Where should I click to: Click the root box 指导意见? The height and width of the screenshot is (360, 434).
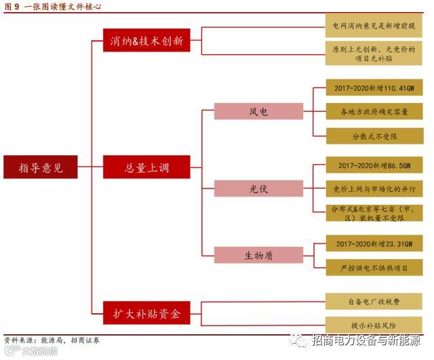(40, 167)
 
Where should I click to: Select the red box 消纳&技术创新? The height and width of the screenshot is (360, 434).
(146, 41)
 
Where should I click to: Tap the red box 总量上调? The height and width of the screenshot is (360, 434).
(146, 167)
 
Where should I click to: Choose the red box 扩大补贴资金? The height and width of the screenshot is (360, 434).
(146, 313)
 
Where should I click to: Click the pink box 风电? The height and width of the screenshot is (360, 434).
(258, 111)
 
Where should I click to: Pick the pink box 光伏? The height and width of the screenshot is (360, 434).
(258, 188)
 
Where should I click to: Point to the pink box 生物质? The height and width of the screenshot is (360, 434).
(258, 255)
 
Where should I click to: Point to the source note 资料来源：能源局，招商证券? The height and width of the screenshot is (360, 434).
(52, 340)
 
